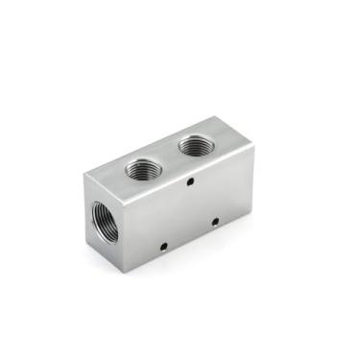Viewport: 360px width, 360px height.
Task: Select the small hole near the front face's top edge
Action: [192, 180]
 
